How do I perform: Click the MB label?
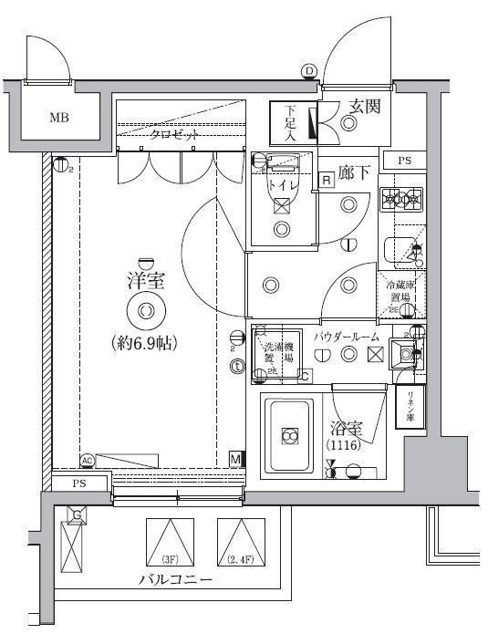[58, 118]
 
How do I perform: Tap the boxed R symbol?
[327, 179]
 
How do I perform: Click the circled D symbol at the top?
[308, 71]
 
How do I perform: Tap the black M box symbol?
[235, 459]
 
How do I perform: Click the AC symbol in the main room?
[88, 460]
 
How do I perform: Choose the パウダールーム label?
[346, 337]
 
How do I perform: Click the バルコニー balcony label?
[175, 581]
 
